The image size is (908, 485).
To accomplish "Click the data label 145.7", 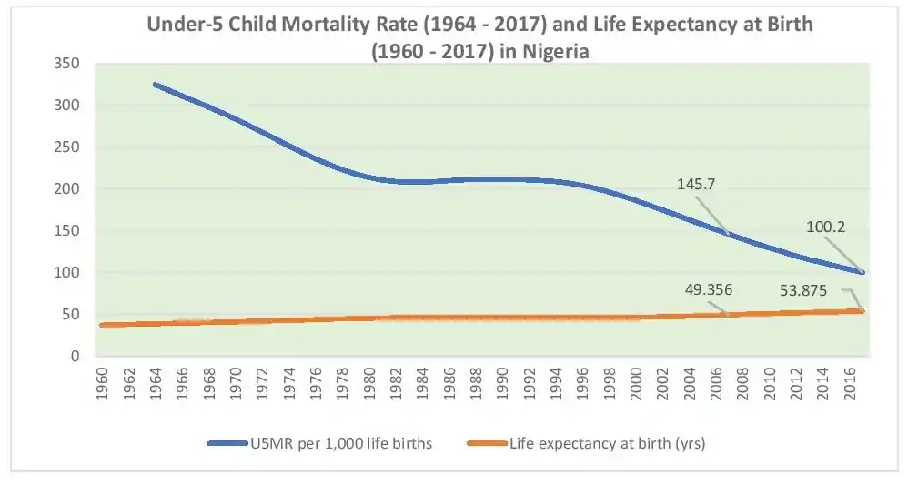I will tap(696, 184).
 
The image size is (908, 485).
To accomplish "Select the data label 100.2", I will tap(825, 227).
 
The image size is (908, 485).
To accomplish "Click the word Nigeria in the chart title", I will tap(554, 52).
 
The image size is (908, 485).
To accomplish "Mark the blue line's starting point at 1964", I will tap(155, 85).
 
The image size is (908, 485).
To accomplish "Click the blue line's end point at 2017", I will tap(861, 272).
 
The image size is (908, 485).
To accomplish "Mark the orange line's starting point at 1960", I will tap(102, 325).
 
